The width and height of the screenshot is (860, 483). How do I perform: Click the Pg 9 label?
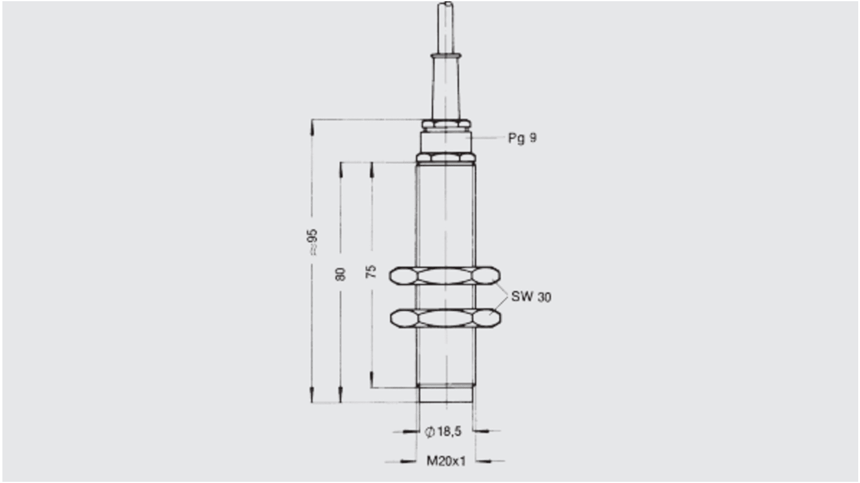[521, 138]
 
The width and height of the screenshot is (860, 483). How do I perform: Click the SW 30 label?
[531, 297]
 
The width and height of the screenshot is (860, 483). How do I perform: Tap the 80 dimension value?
[340, 274]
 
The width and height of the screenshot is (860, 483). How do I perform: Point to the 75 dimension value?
[372, 271]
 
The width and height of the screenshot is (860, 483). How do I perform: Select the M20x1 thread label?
[446, 461]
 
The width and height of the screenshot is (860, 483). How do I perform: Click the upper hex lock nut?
[445, 276]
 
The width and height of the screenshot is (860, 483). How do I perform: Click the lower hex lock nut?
[445, 318]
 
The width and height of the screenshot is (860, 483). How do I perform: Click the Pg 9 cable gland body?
[446, 142]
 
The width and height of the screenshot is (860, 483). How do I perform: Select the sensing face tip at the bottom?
[446, 395]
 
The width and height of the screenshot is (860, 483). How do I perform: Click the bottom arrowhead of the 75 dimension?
[372, 382]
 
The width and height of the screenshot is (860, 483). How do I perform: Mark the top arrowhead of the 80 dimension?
[340, 168]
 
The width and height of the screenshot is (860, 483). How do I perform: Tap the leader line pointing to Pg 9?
[488, 138]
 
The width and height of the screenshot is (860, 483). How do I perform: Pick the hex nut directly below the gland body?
[446, 159]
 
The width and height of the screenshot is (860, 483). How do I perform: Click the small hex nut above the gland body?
[446, 124]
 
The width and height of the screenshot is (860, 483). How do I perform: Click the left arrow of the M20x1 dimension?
[409, 461]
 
